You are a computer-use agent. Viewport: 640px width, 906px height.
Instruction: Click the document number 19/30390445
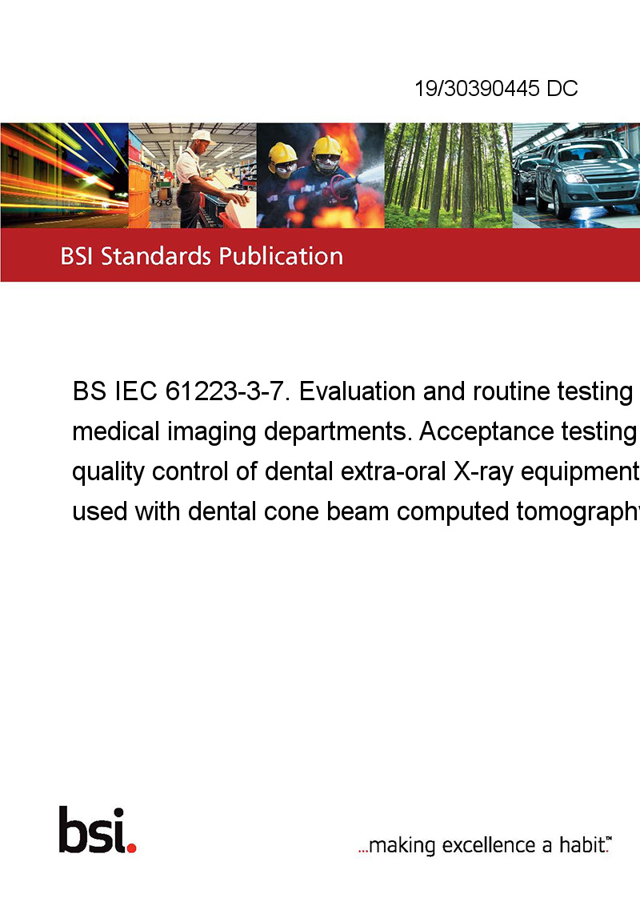point(477,88)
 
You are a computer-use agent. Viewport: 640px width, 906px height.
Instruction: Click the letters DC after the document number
point(562,88)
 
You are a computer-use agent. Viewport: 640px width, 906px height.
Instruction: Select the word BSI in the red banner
point(77,256)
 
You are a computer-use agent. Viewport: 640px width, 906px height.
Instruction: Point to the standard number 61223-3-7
point(226,391)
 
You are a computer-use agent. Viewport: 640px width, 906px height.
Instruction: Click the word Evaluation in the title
point(357,391)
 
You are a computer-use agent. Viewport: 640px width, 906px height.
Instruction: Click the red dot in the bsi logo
point(131,848)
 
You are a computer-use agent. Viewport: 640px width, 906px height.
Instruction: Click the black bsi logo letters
point(93,830)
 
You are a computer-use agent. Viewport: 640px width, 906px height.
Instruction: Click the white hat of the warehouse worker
point(202,136)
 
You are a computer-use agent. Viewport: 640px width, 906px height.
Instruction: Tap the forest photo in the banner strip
point(448,175)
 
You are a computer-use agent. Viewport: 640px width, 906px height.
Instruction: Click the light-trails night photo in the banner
point(64,175)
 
